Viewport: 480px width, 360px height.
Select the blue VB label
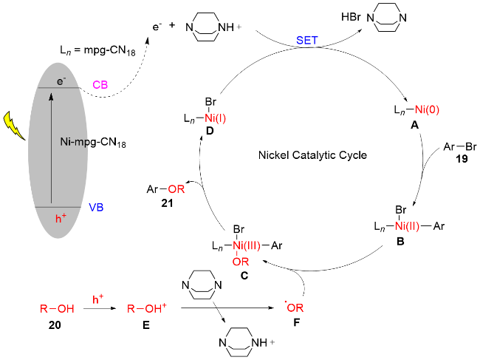97,208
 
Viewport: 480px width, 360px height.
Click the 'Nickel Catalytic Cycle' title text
313,156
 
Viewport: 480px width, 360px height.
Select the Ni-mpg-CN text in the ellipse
92,141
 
